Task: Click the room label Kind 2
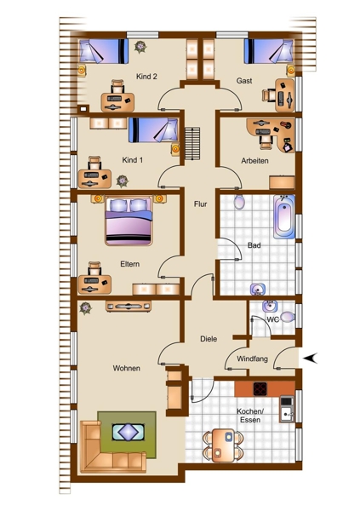[146, 77]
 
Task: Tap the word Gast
[244, 81]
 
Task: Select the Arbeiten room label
[254, 161]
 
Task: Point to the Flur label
[200, 204]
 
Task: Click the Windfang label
[252, 359]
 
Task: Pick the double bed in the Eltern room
[129, 221]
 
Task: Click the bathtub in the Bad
[284, 216]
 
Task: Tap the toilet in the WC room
[287, 317]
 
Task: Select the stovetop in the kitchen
[260, 388]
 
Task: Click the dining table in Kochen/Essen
[223, 445]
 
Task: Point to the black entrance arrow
[310, 358]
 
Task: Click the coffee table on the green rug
[128, 432]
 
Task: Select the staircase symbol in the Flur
[192, 143]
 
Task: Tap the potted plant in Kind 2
[140, 47]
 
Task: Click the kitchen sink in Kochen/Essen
[287, 414]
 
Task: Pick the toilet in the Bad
[239, 202]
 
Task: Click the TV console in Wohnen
[129, 306]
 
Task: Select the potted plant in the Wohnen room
[85, 307]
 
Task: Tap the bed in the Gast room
[269, 51]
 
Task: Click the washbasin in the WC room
[270, 306]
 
